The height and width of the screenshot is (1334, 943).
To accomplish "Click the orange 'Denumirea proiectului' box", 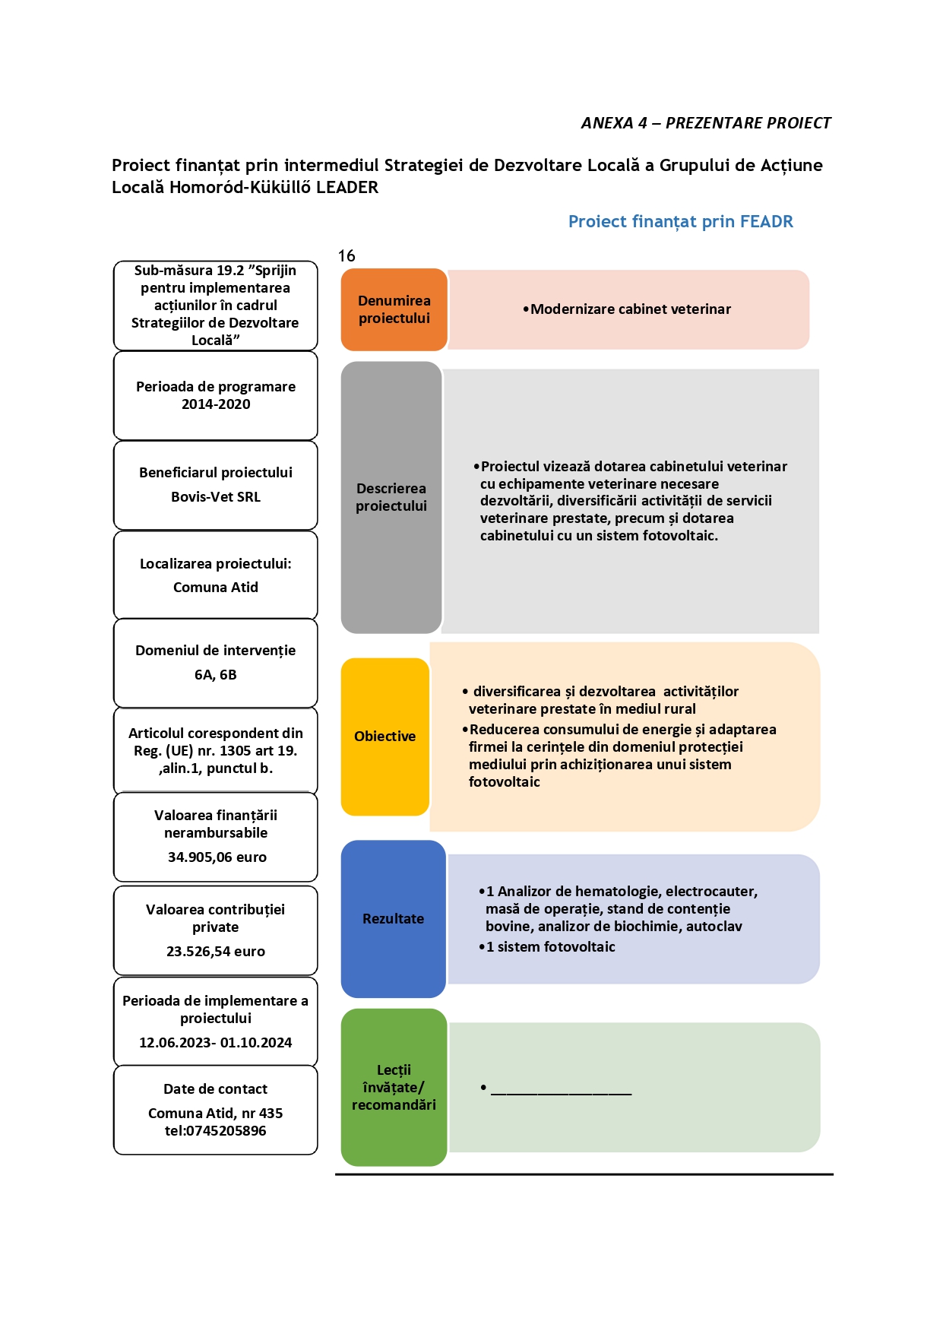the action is point(394,309).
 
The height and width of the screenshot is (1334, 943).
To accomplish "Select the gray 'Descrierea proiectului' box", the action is point(391,497).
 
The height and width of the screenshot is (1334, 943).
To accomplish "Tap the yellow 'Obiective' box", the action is point(385,737).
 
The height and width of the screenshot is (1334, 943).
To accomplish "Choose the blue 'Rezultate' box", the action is point(394,919).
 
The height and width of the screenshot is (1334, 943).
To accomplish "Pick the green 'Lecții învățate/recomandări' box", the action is point(394,1087).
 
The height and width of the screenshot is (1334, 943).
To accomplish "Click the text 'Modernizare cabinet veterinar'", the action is point(631,309).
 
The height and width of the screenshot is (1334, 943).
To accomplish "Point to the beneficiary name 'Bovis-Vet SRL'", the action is point(216,497).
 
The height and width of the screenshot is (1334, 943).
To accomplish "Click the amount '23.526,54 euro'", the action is point(216,952).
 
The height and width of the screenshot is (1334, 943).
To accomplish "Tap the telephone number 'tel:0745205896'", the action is point(216,1131).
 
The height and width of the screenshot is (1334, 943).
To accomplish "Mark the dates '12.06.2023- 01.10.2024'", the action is point(216,1043).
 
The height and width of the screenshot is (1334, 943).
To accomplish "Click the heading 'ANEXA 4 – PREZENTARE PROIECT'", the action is point(706,123).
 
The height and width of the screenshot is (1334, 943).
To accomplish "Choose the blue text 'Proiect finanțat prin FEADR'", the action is point(681,222).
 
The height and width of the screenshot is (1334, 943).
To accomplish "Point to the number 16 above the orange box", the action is point(347,256).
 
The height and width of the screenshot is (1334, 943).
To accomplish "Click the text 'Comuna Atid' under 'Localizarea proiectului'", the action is point(216,588).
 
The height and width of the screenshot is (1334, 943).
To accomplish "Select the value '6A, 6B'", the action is point(216,675).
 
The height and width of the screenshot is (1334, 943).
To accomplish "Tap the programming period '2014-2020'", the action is point(216,404).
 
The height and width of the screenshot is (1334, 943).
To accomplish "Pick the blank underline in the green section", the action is point(562,1094).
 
